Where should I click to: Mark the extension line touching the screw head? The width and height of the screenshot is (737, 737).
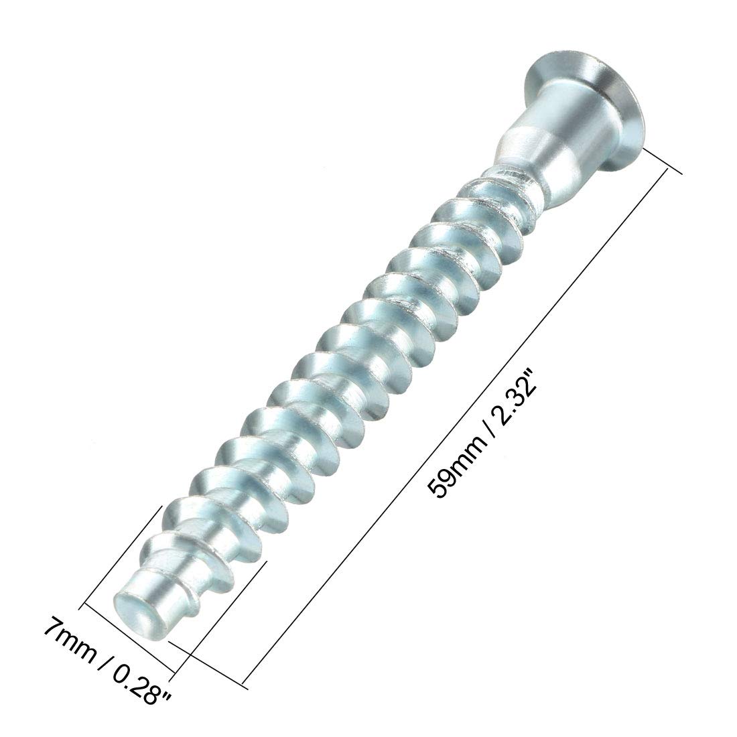pyautogui.click(x=663, y=160)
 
